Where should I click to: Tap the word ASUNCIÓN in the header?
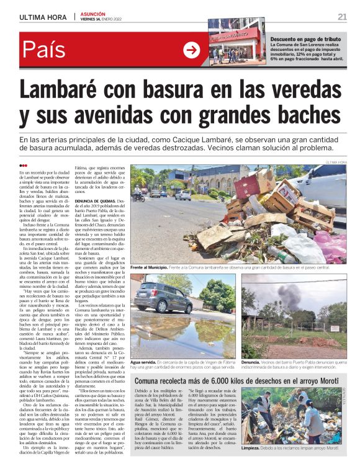[x=92, y=13]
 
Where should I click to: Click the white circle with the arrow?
[x=192, y=50]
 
